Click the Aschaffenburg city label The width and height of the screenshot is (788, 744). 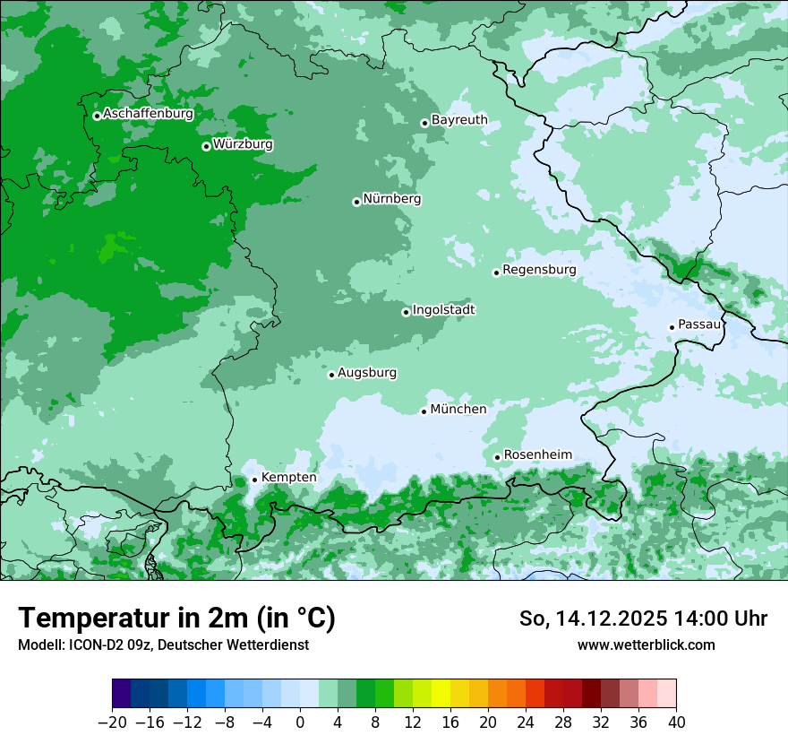click(x=148, y=114)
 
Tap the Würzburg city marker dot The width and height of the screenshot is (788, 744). click(x=206, y=146)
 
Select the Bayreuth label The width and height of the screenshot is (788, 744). click(x=459, y=119)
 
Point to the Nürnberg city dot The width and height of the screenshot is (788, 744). click(x=356, y=202)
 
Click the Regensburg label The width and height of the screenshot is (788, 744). click(x=539, y=269)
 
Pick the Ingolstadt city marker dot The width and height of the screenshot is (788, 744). click(x=406, y=312)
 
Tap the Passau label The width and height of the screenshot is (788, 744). click(x=699, y=324)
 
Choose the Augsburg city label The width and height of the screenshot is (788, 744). click(x=367, y=372)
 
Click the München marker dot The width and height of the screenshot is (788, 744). click(x=424, y=411)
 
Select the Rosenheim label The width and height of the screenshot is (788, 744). click(x=537, y=454)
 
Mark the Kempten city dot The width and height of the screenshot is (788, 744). click(x=254, y=480)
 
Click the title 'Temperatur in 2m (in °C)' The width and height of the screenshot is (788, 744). click(x=176, y=619)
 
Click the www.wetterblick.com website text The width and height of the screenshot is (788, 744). click(x=646, y=645)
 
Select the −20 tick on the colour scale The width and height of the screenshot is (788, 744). click(x=112, y=722)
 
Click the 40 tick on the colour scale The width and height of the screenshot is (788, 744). click(x=676, y=722)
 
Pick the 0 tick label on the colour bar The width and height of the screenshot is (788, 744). click(x=300, y=722)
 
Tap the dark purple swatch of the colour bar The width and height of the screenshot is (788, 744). click(x=122, y=694)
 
